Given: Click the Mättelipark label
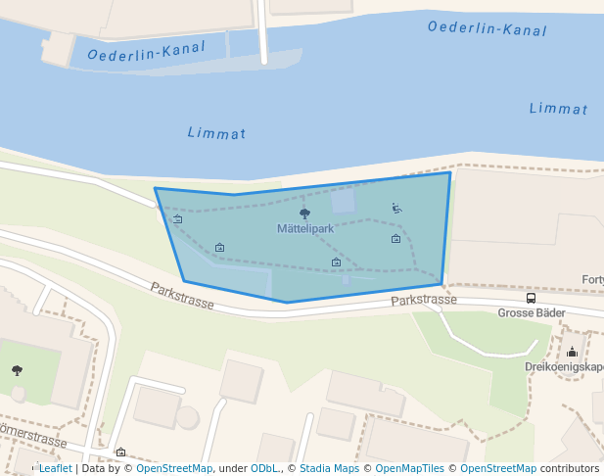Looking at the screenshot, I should [x=305, y=229].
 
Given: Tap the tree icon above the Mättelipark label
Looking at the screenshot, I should [x=304, y=213].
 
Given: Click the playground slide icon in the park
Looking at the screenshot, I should [x=396, y=208].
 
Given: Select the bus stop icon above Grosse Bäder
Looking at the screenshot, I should [x=531, y=298].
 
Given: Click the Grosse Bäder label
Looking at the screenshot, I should [x=530, y=313].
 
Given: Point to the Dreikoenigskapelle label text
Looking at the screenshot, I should [x=564, y=367].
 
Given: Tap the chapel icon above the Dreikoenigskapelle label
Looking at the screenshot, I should [x=572, y=352].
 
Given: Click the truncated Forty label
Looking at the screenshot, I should [x=592, y=279].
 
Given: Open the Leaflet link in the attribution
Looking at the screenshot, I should [x=55, y=469].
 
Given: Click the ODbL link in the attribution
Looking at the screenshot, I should [x=264, y=469].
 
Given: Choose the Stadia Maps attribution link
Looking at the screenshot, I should [x=329, y=469].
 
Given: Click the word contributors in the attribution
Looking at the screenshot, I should [x=570, y=469].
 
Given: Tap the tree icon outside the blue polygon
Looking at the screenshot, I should [x=17, y=370].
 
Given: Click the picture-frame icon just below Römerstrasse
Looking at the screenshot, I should [x=120, y=452].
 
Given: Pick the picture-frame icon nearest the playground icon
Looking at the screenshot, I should [x=395, y=239].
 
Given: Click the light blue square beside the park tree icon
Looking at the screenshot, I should [x=343, y=202].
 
